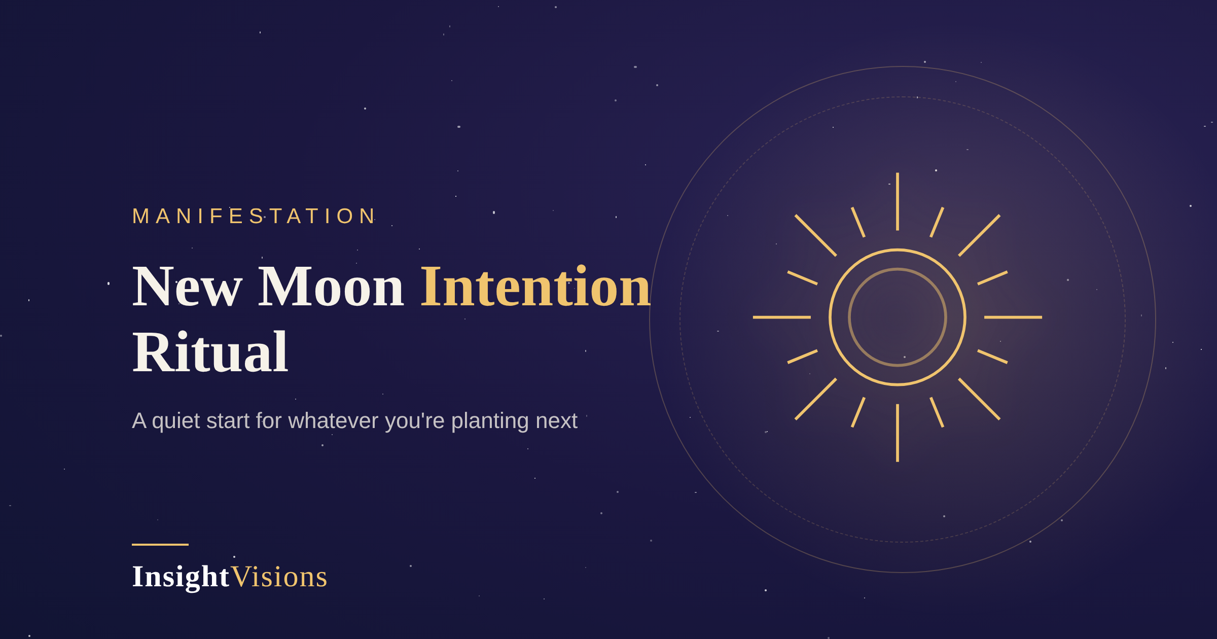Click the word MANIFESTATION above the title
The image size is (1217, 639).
tap(253, 216)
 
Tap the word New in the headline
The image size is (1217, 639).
tap(187, 287)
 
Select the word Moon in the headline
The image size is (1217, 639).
tap(331, 287)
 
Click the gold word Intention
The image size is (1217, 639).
tap(535, 287)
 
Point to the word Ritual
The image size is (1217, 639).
tap(210, 352)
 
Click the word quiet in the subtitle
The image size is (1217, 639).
tap(176, 421)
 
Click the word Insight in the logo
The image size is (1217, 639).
tap(181, 577)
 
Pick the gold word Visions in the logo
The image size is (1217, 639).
tap(279, 577)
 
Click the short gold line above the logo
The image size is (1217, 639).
tap(160, 545)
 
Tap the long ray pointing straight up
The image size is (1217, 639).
tap(898, 201)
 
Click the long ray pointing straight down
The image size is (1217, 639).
tap(898, 433)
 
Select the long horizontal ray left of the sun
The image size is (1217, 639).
tap(782, 317)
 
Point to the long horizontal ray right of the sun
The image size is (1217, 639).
tap(1013, 317)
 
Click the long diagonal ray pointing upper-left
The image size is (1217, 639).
tap(816, 235)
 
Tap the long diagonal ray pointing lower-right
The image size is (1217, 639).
tap(979, 399)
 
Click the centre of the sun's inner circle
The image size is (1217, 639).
tap(898, 317)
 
